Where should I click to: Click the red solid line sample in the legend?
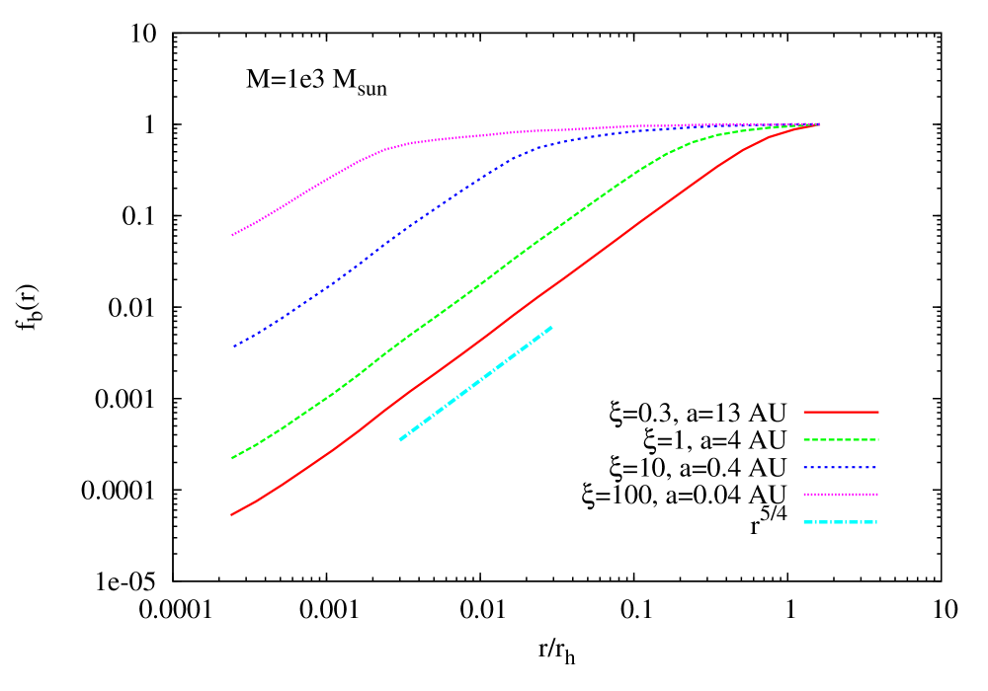[841, 412]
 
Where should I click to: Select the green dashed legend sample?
[841, 439]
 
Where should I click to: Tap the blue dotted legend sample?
[841, 467]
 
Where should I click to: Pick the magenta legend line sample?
[841, 495]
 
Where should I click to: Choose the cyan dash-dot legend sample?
[841, 522]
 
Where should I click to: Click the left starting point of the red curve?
[231, 514]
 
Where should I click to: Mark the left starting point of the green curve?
[232, 458]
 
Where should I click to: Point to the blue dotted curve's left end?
[233, 346]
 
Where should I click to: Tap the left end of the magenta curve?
[232, 235]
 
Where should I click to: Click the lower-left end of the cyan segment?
[400, 440]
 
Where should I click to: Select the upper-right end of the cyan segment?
[551, 327]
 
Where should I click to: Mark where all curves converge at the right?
[819, 124]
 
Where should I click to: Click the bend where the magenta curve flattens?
[390, 148]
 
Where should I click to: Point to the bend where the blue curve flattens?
[538, 148]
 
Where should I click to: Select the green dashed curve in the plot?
[474, 287]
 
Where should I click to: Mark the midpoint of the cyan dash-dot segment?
[476, 383]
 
